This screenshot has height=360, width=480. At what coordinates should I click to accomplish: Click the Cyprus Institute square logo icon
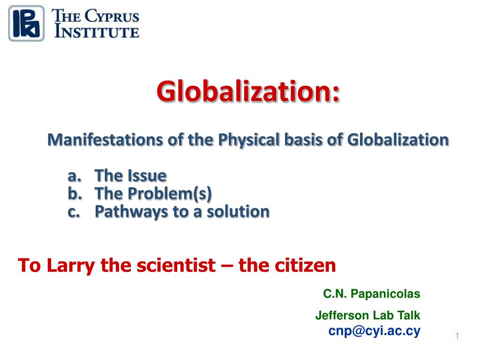[26, 23]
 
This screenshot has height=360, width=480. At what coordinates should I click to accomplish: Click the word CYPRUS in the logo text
[112, 16]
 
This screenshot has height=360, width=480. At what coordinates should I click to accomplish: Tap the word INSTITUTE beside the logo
[97, 31]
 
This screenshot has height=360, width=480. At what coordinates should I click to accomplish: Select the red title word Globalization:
[248, 91]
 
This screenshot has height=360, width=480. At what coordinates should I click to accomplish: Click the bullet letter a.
[75, 176]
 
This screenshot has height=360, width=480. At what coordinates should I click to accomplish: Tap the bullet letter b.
[75, 193]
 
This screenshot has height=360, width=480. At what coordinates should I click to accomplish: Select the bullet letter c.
[74, 212]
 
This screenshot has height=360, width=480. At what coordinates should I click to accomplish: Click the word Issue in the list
[148, 176]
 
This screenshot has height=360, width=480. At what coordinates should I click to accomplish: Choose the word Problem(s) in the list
[170, 194]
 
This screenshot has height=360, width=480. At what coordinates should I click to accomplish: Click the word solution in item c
[238, 211]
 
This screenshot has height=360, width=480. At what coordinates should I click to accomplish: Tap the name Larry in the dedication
[71, 266]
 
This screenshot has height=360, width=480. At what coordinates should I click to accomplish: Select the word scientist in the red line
[176, 265]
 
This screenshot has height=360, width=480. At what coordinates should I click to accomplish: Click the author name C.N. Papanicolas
[372, 293]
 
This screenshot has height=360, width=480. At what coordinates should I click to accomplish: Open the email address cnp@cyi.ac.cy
[375, 331]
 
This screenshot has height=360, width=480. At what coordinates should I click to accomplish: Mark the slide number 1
[457, 336]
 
